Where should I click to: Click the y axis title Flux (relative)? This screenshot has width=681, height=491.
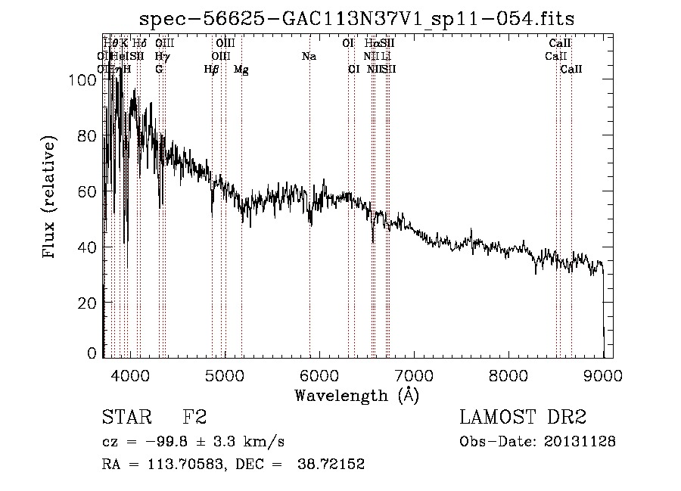[x=51, y=198]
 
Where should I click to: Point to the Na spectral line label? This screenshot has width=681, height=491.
[x=309, y=57]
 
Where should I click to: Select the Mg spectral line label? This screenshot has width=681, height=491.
[x=241, y=70]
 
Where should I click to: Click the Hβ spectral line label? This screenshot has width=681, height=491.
[x=212, y=70]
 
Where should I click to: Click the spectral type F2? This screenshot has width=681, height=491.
[x=194, y=418]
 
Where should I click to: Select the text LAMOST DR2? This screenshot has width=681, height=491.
[x=523, y=418]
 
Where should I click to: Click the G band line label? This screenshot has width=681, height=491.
[x=159, y=70]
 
